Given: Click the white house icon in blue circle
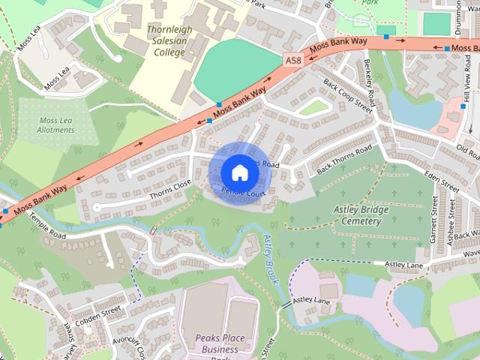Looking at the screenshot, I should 238,172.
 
